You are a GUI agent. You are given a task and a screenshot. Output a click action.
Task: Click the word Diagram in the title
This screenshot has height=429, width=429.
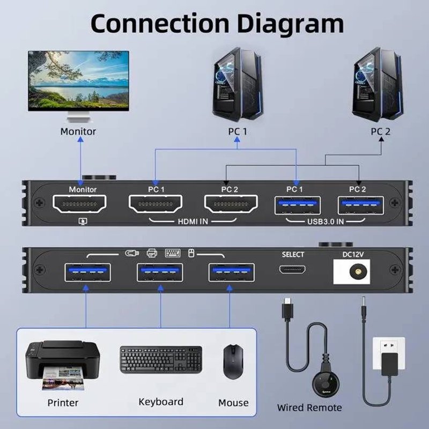pos(282,24)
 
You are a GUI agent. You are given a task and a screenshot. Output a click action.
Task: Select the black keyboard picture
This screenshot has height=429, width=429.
pos(161,359)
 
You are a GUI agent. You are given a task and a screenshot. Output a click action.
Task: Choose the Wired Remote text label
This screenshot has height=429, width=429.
pos(309,408)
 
